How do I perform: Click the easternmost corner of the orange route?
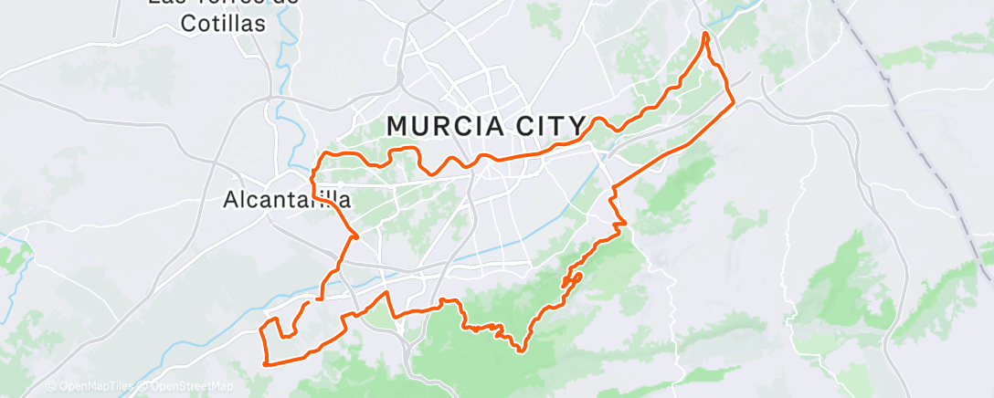click(734, 101)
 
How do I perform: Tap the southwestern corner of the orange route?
click(265, 364)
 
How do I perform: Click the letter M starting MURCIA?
click(397, 125)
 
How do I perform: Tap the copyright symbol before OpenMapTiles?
click(50, 387)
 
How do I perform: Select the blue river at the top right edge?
click(749, 7)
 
